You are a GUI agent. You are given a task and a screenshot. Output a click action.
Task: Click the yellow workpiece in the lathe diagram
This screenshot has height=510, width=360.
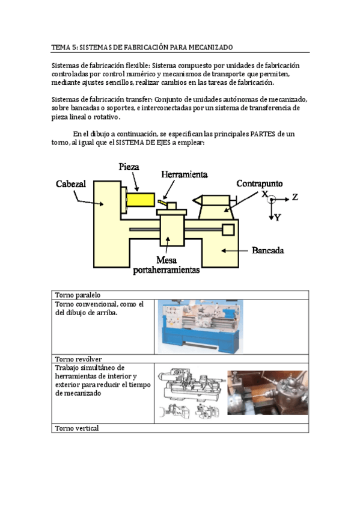coord(141,200)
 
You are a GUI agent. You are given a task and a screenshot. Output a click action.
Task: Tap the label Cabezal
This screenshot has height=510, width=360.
coord(71,184)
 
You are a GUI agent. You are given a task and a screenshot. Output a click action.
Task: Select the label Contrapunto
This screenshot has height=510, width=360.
coord(259,183)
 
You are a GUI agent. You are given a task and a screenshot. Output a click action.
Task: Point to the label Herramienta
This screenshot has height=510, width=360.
coord(185,174)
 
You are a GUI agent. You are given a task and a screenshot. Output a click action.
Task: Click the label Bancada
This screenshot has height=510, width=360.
coord(267,250)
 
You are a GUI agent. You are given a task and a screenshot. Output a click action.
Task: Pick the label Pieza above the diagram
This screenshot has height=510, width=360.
coord(129,167)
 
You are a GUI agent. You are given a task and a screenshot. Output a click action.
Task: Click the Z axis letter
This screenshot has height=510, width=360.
coord(294,197)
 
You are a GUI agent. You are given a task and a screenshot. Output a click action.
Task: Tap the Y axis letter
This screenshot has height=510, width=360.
coord(277,218)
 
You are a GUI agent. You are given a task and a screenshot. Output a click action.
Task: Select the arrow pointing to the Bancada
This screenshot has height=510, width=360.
coord(234,250)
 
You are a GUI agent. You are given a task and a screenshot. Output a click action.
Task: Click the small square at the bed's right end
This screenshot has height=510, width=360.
coord(228,230)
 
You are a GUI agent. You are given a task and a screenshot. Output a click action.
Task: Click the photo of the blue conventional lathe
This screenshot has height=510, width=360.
coord(201,327)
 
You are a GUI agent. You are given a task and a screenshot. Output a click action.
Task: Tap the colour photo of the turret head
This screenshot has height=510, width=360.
coord(267,393)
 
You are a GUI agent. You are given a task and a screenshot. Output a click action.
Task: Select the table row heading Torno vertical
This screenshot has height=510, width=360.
coord(77,428)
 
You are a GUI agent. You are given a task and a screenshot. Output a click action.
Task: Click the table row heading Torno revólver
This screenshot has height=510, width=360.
coord(78,359)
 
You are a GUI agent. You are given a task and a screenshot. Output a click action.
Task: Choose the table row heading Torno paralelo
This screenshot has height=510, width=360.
coord(78,295)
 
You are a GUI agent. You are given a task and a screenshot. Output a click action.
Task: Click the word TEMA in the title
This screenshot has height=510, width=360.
coord(61,47)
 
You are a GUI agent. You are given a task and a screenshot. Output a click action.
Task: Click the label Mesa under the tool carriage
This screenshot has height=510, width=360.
coord(166,260)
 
